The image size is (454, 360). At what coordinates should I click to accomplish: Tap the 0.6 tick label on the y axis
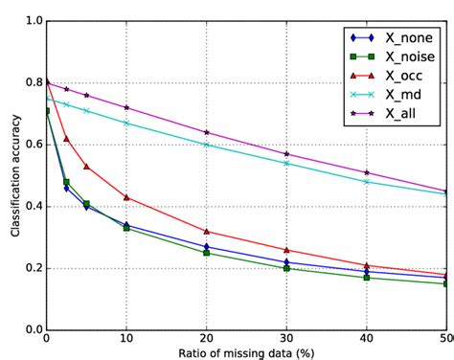tap(32, 145)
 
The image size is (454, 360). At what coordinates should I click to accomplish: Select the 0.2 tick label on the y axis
tap(32, 268)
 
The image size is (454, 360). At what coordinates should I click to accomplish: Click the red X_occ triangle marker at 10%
tap(126, 197)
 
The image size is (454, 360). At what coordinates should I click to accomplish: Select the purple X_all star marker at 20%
tap(207, 132)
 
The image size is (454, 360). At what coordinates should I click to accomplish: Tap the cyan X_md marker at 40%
tap(367, 181)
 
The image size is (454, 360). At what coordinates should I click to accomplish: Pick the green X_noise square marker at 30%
tap(286, 268)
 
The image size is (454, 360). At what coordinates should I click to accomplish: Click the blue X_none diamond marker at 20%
tap(207, 246)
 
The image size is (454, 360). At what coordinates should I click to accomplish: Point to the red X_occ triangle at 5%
tap(86, 167)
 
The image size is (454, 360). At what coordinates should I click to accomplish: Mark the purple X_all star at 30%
tap(286, 154)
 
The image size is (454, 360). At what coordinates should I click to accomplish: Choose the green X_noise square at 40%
tap(367, 278)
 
